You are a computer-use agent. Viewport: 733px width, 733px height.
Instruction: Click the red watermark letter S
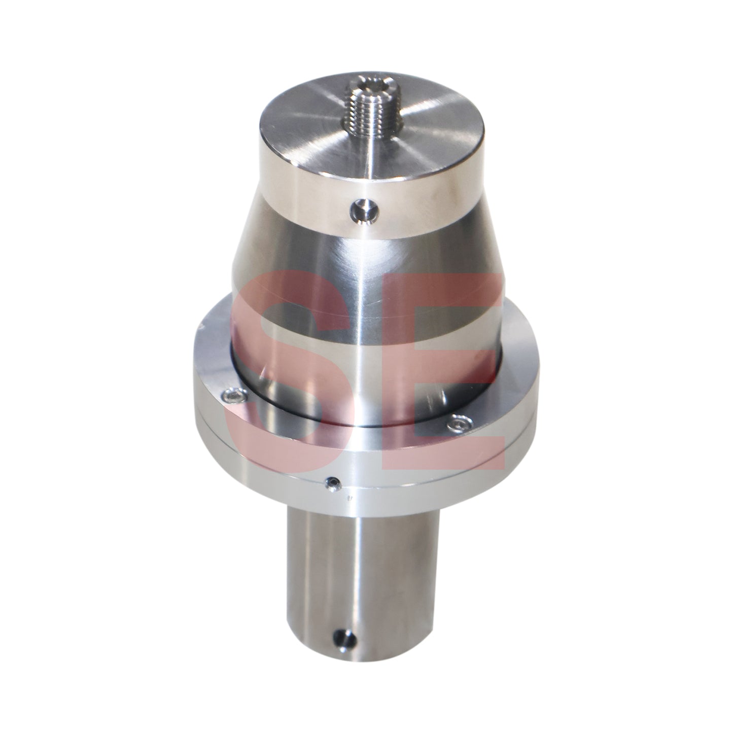pyautogui.click(x=284, y=365)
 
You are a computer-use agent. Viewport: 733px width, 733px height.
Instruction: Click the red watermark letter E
pyautogui.click(x=457, y=365)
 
